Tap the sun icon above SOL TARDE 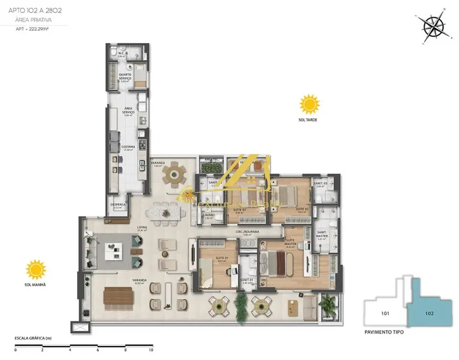(x=309, y=104)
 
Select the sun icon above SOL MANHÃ (x=36, y=270)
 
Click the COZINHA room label (x=129, y=147)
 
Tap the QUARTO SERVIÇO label (x=125, y=78)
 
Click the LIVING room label (x=142, y=227)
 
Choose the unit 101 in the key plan (x=385, y=314)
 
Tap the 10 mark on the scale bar (x=150, y=350)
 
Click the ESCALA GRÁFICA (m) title (x=33, y=337)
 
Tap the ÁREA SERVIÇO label (x=129, y=111)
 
